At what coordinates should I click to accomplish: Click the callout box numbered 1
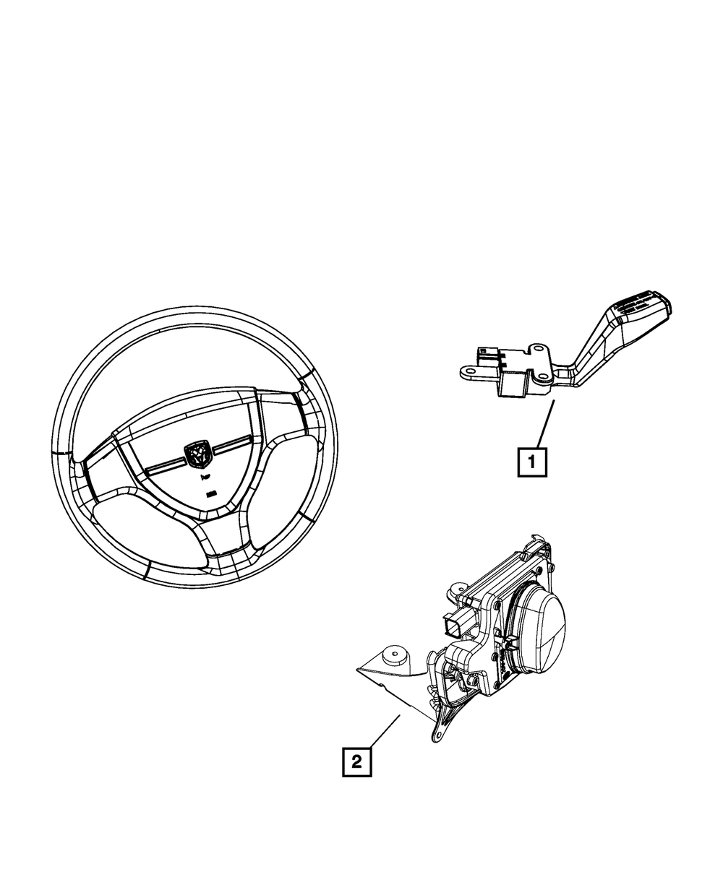coord(532,462)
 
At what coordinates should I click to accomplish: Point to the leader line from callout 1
coord(544,423)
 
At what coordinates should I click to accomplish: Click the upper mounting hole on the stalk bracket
coord(539,351)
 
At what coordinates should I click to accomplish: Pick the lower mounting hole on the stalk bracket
coord(540,376)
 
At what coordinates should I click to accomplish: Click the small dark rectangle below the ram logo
coord(210,495)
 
